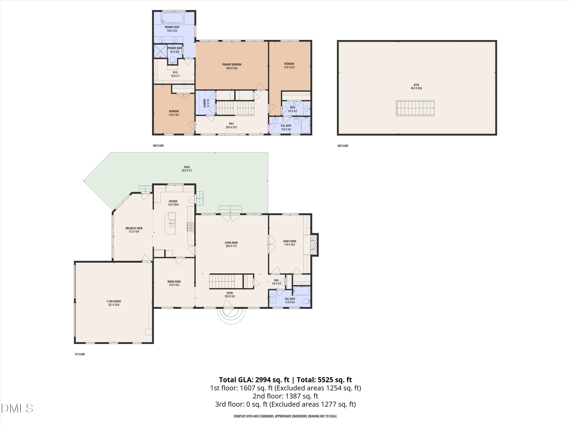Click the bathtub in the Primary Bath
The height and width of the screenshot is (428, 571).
(172, 18)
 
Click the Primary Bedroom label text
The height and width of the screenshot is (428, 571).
(232, 64)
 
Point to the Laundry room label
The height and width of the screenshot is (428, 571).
(205, 103)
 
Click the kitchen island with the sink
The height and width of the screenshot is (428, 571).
(170, 224)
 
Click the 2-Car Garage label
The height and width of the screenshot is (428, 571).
(114, 301)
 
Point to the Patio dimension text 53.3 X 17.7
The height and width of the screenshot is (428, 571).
(187, 170)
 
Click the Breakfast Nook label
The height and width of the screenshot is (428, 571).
(134, 228)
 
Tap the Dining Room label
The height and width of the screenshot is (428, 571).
(174, 282)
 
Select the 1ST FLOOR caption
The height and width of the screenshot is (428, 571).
(80, 354)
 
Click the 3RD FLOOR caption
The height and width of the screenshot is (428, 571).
(343, 146)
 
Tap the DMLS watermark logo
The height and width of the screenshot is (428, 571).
(17, 408)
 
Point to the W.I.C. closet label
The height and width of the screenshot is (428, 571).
(175, 72)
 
